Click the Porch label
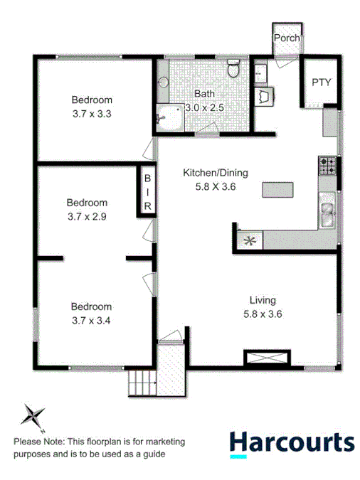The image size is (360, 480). click(286, 38)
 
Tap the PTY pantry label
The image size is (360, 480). click(321, 82)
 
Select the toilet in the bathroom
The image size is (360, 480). click(233, 68)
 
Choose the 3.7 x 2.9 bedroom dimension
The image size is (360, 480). click(88, 215)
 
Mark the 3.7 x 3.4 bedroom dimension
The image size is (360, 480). click(91, 319)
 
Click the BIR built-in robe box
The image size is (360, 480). click(148, 191)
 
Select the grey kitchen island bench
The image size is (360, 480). click(277, 189)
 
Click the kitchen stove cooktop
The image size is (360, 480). click(328, 166)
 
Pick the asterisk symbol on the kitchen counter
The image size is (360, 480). click(249, 240)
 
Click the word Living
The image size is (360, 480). click(262, 300)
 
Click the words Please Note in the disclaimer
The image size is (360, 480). click(37, 442)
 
